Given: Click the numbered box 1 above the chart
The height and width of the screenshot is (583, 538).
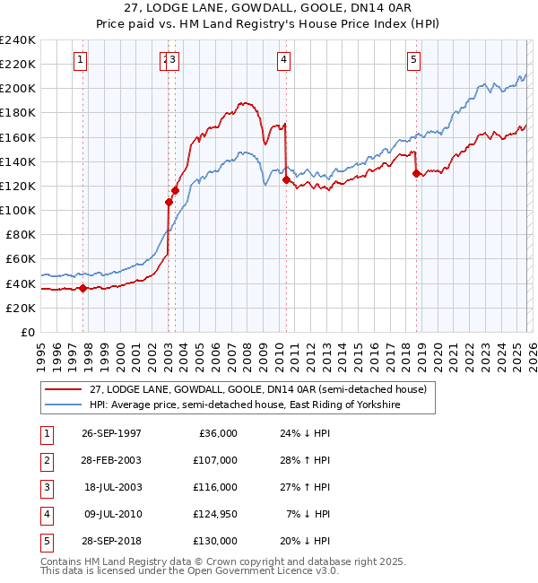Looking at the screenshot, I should (x=80, y=60).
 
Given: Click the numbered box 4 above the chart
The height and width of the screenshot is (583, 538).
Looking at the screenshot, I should (x=282, y=60).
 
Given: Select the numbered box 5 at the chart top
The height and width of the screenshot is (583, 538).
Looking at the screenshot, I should (x=413, y=60).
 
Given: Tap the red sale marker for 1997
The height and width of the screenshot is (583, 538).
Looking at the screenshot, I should (x=83, y=288).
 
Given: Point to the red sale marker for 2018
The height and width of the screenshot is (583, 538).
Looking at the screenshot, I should (x=417, y=174).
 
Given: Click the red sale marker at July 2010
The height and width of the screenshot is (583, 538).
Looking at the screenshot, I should (x=286, y=179).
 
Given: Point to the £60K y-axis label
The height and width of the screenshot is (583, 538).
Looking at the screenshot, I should (x=20, y=259).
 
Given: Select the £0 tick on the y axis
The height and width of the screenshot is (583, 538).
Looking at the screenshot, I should (x=27, y=332).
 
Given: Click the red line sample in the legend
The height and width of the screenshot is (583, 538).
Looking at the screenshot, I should (x=65, y=388).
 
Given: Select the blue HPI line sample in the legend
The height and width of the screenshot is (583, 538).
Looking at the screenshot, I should (x=65, y=405).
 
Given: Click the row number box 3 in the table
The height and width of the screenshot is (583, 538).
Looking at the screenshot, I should (x=45, y=487).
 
